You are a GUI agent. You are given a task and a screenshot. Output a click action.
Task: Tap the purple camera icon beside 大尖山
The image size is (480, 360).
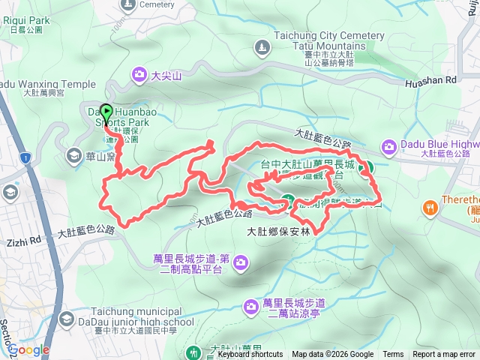(139, 74)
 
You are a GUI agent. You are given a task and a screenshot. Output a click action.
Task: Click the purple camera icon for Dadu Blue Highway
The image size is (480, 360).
(389, 145)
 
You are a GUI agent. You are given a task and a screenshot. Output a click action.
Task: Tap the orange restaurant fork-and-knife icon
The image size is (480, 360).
(430, 207)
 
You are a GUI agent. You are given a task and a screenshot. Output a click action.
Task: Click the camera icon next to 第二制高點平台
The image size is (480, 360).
(240, 262)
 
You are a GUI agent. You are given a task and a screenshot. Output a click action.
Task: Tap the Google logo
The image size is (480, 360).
(28, 349)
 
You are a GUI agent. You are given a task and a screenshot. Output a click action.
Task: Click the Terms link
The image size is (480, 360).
(393, 355)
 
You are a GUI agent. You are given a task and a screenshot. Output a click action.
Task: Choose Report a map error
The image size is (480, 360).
(444, 355)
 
